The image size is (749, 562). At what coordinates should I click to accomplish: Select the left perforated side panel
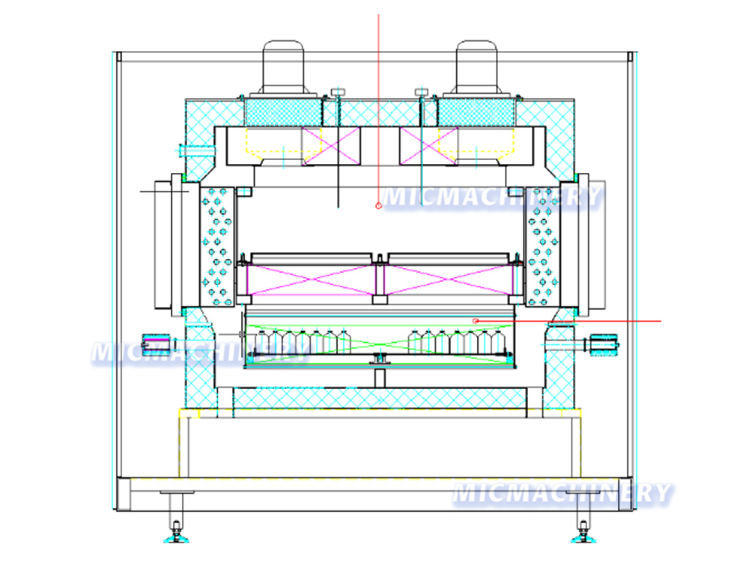pyautogui.click(x=216, y=245)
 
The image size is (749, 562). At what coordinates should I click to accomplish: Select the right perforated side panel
pyautogui.click(x=542, y=245)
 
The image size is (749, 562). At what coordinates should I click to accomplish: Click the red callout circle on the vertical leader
pyautogui.click(x=379, y=205)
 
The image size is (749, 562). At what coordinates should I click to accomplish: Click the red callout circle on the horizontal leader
pyautogui.click(x=476, y=321)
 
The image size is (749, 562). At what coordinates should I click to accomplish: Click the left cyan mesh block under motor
pyautogui.click(x=285, y=113)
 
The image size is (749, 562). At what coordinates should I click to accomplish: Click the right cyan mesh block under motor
pyautogui.click(x=476, y=113)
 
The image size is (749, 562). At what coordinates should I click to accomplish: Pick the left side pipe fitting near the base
pyautogui.click(x=156, y=345)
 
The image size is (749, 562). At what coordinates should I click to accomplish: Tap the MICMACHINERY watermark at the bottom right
pyautogui.click(x=562, y=493)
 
